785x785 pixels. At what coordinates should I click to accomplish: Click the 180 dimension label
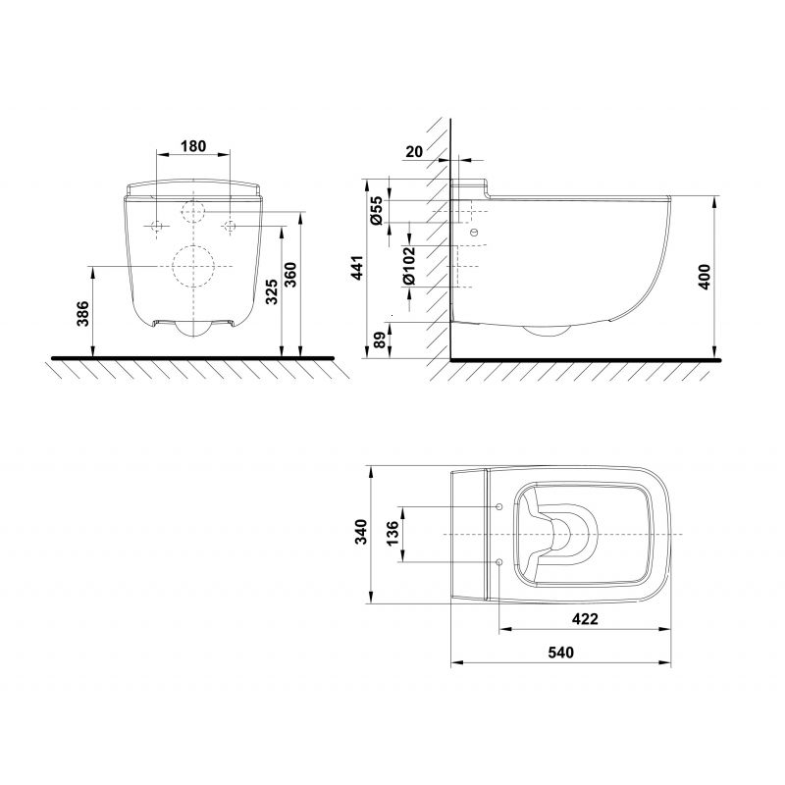point(192,146)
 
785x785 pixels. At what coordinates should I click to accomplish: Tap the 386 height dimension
point(83,314)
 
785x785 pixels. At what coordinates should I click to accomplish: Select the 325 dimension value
point(271,292)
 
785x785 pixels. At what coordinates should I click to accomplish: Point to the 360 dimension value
point(290,275)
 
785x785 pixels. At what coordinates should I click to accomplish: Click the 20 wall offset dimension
point(414,151)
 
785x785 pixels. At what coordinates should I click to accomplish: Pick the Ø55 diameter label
point(377,210)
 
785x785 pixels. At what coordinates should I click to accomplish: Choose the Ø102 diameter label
point(409,265)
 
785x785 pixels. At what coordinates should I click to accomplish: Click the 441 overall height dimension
point(358,268)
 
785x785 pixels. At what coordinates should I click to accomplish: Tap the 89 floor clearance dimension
point(381,340)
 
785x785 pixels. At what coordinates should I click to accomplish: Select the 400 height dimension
point(704,277)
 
